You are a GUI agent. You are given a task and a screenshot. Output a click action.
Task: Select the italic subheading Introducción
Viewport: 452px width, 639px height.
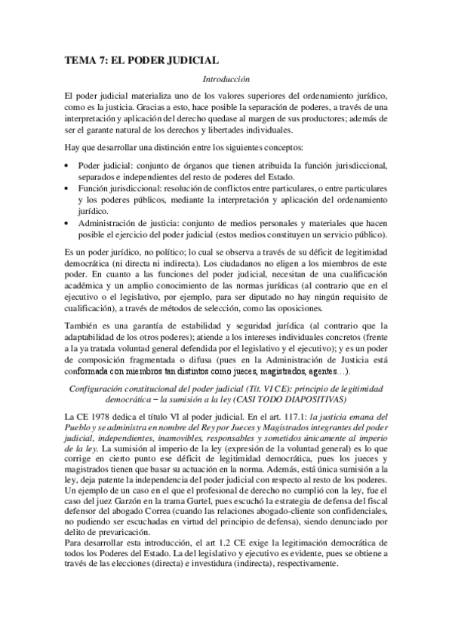(x=226, y=78)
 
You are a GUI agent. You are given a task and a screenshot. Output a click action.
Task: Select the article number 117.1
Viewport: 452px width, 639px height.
(x=287, y=417)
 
